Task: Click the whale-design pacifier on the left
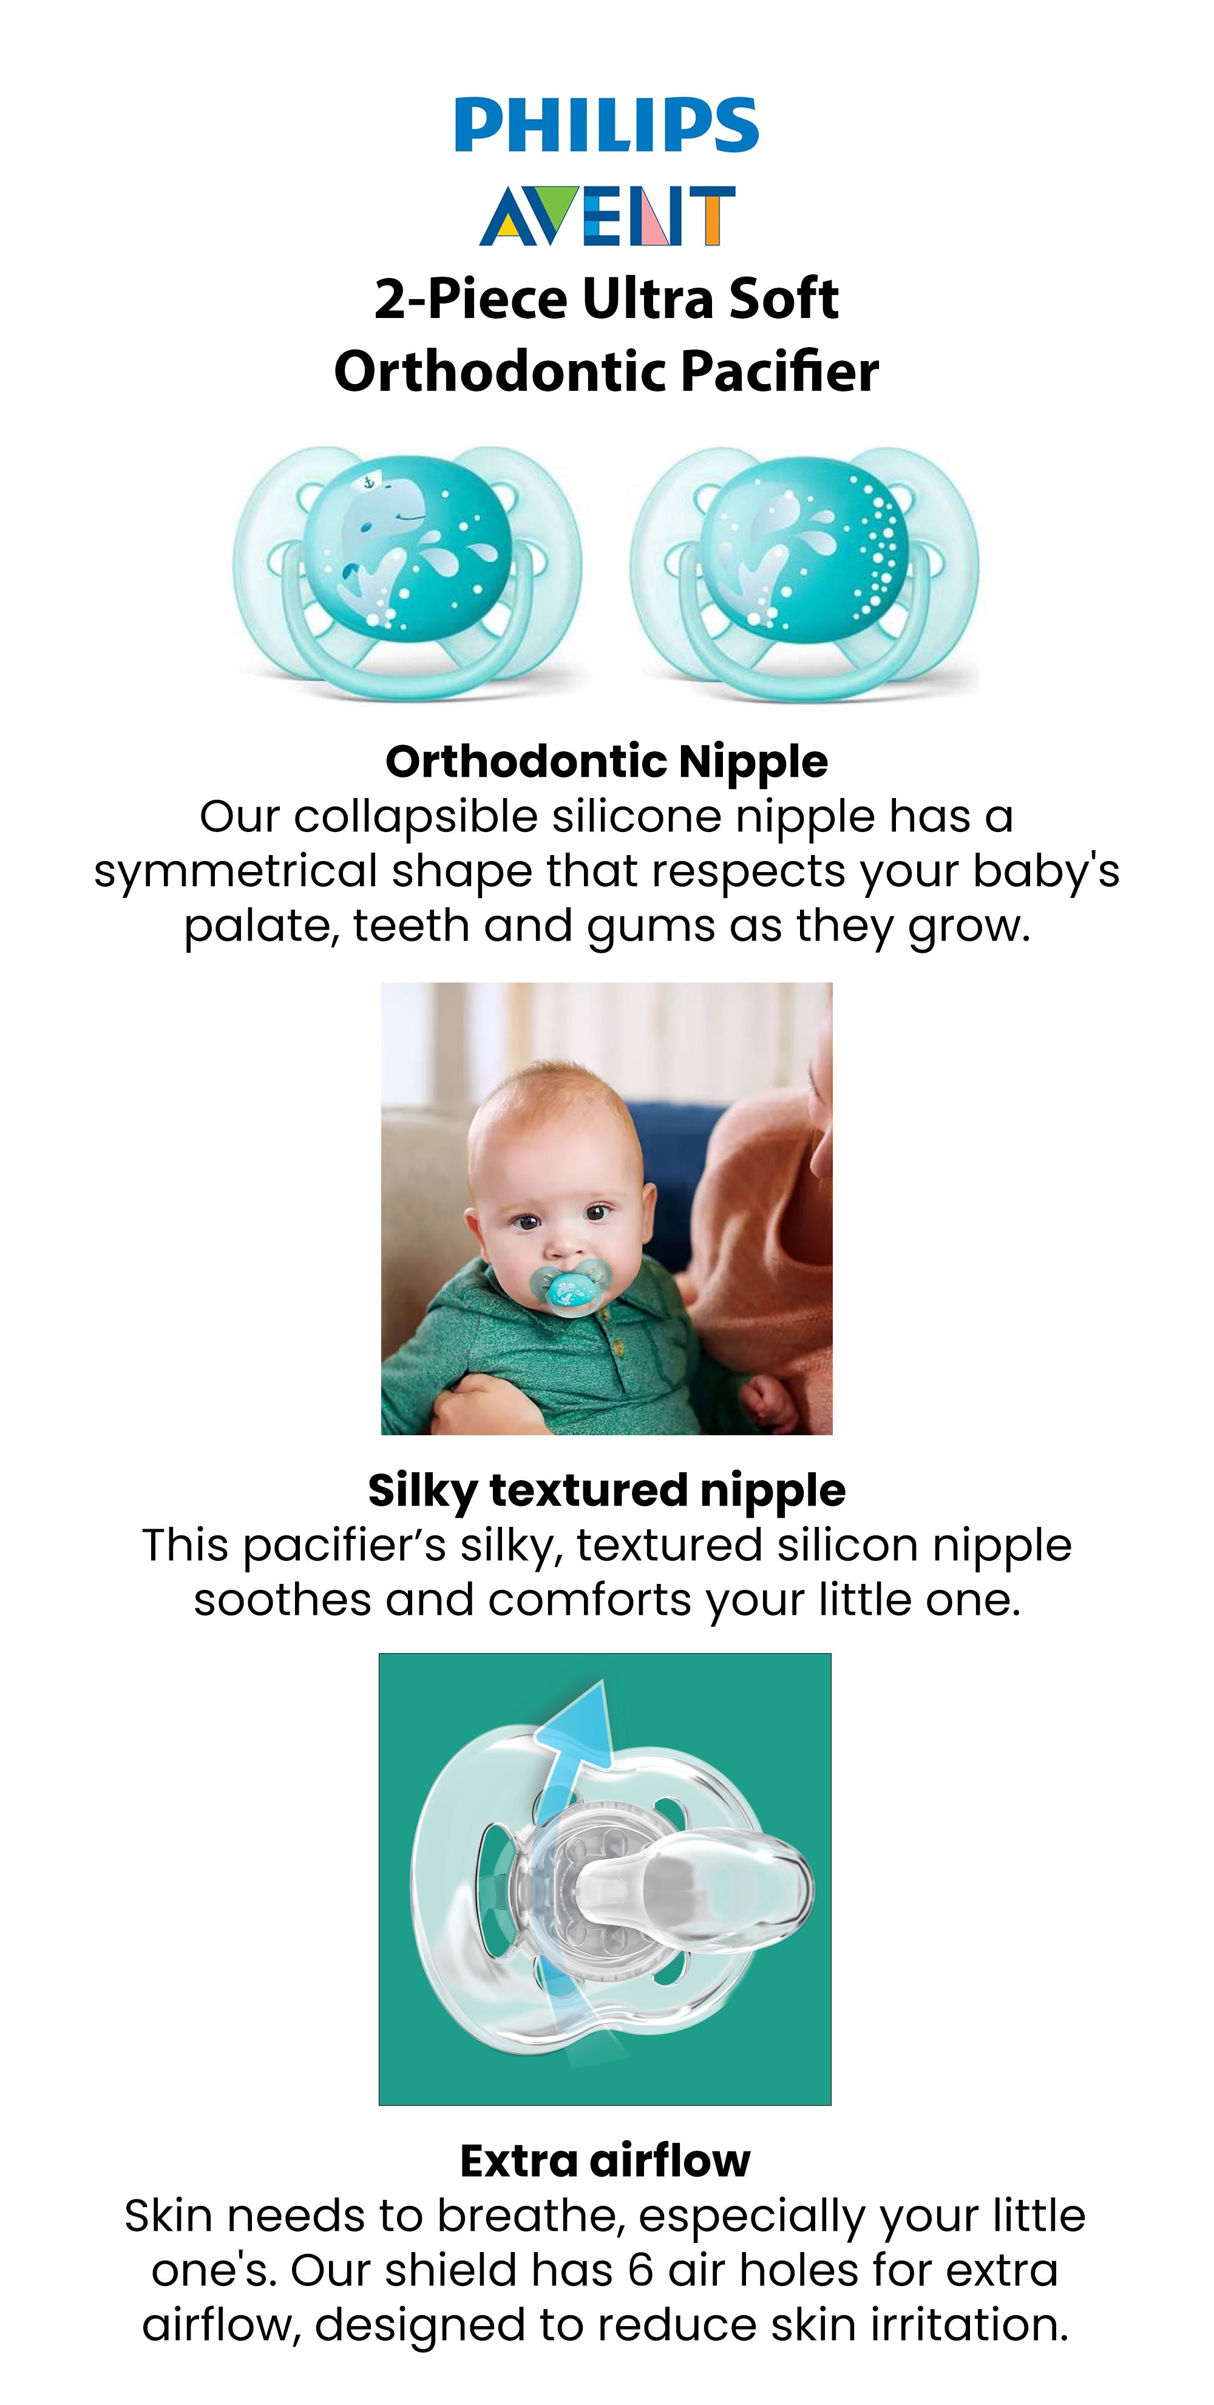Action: click(x=407, y=573)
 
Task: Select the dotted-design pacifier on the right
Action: click(x=804, y=573)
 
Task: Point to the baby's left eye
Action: click(x=596, y=1214)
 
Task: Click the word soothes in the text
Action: click(x=283, y=1600)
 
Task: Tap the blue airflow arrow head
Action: click(x=576, y=1727)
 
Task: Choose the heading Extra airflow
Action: click(x=605, y=2161)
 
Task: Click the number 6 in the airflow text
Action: click(x=640, y=2270)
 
